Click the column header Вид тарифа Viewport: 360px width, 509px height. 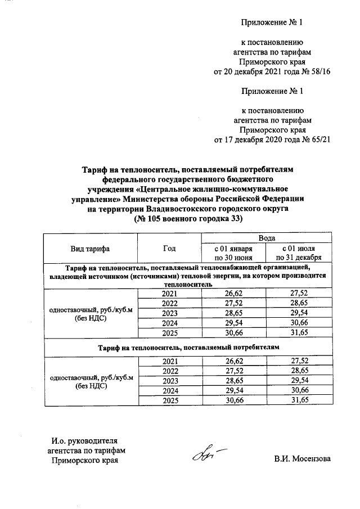(90, 248)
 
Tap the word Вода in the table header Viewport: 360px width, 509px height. (266, 239)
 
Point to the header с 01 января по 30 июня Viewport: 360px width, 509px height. (233, 253)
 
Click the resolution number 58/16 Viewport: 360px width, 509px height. (318, 71)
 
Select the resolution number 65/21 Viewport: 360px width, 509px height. (318, 139)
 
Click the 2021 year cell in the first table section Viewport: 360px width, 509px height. (169, 294)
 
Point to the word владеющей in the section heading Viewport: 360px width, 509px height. (67, 277)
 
